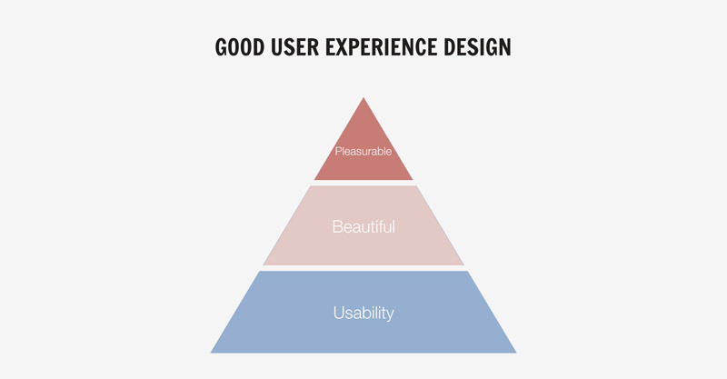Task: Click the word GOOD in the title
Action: (240, 47)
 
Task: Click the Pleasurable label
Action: (363, 152)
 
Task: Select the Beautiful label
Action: (363, 227)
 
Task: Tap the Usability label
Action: (363, 314)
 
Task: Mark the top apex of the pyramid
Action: (363, 97)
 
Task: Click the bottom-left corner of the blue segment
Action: (211, 353)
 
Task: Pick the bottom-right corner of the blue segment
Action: (516, 353)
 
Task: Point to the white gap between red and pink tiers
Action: (363, 183)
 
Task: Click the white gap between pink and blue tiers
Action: (363, 268)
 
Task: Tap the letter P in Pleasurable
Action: (338, 151)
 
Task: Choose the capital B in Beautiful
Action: (337, 227)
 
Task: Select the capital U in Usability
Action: (338, 313)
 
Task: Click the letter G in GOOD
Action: (221, 47)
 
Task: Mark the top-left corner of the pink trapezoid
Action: (310, 186)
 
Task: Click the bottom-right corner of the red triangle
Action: (413, 180)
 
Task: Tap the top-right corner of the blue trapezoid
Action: (467, 272)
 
